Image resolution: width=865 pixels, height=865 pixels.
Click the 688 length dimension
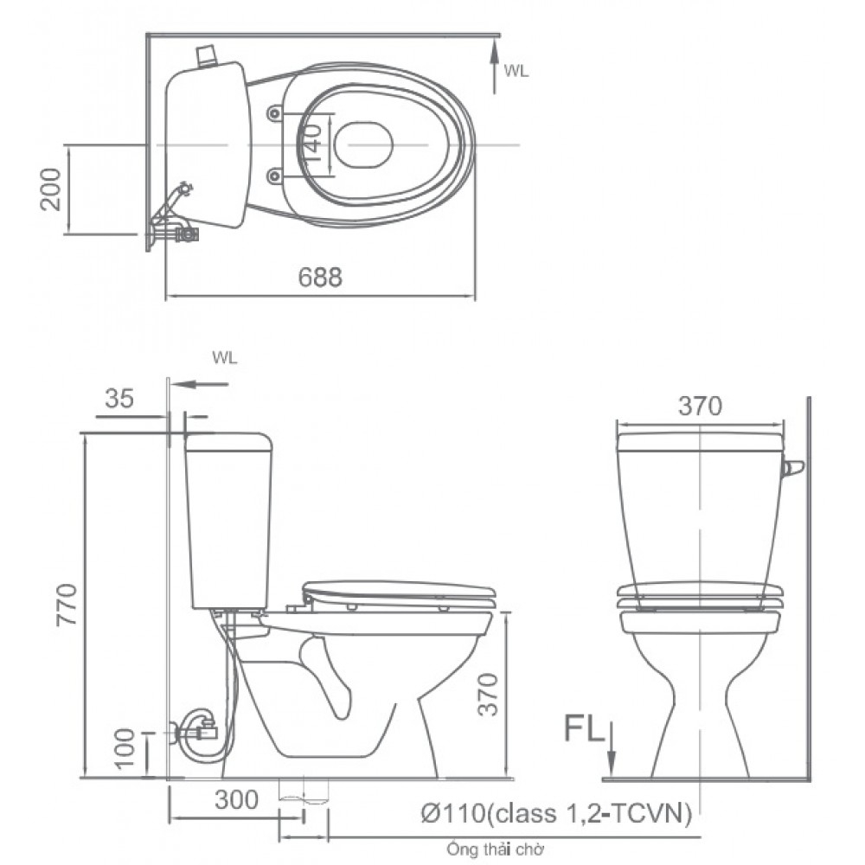point(320,277)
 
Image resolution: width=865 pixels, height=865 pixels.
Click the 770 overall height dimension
point(69,605)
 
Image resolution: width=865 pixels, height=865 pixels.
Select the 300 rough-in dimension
point(237,800)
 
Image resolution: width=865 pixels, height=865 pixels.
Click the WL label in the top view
point(516,72)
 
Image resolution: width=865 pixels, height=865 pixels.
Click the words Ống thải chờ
point(496,850)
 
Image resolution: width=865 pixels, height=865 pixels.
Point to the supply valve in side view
point(196,731)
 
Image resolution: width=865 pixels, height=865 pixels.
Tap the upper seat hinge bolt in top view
point(275,113)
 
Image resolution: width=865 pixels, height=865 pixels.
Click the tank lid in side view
point(230,442)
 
